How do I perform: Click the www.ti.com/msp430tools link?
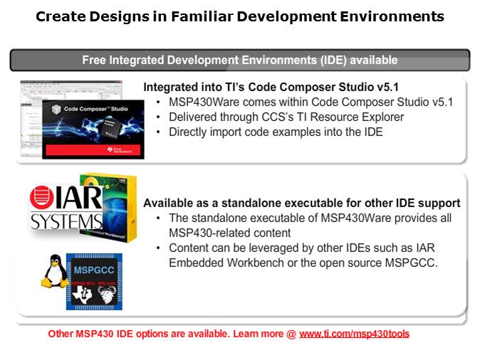354,334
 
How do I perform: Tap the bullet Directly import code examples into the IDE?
276,132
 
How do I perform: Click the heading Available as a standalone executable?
302,203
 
